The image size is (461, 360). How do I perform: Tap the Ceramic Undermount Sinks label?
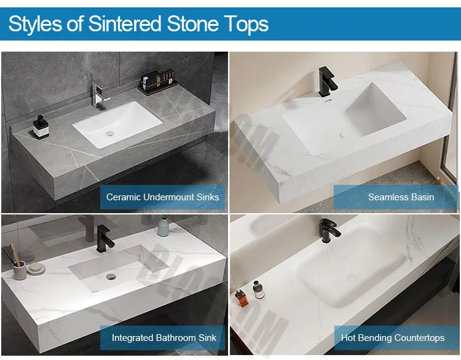[162, 197]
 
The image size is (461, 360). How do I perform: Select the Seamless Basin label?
[401, 197]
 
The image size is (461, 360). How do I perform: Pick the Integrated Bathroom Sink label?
[164, 337]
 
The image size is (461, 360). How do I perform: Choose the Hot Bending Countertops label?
[393, 337]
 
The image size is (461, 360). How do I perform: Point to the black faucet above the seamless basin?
[325, 80]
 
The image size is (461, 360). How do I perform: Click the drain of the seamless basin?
[345, 130]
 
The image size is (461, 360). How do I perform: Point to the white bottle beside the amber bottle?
[259, 289]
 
